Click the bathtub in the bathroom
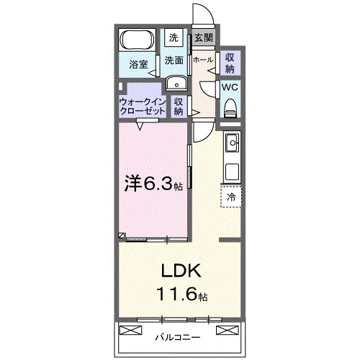pyautogui.click(x=138, y=40)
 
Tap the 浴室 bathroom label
pyautogui.click(x=138, y=65)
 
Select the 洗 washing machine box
pyautogui.click(x=175, y=37)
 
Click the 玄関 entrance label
pyautogui.click(x=202, y=37)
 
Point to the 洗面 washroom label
pyautogui.click(x=174, y=60)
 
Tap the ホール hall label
pyautogui.click(x=203, y=60)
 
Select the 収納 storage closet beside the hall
pyautogui.click(x=229, y=63)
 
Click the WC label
pyautogui.click(x=229, y=87)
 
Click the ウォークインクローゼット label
pyautogui.click(x=142, y=107)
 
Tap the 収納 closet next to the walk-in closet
pyautogui.click(x=179, y=107)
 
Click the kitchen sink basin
pyautogui.click(x=233, y=145)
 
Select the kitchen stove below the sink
pyautogui.click(x=233, y=171)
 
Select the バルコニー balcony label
pyautogui.click(x=176, y=336)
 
